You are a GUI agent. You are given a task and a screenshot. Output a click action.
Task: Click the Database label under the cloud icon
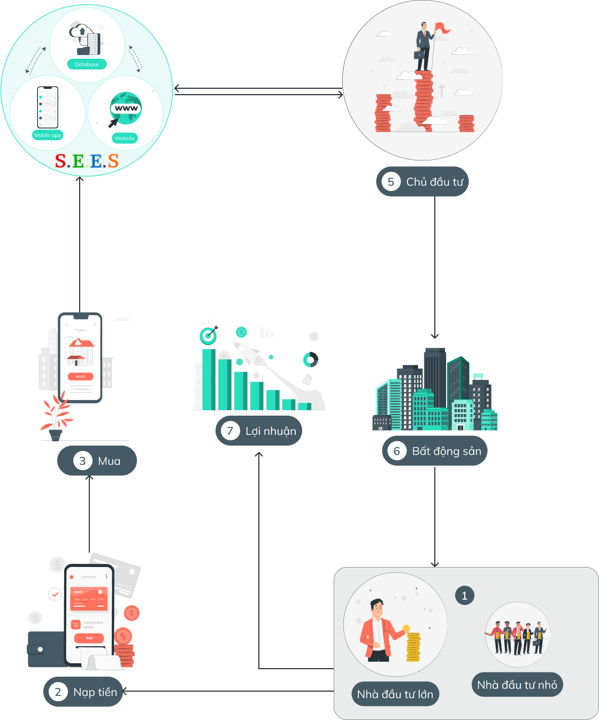(87, 64)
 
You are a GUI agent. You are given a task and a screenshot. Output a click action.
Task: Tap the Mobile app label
(48, 135)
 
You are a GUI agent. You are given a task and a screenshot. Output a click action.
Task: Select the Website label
(125, 138)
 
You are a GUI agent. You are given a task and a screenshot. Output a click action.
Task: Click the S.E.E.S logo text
(87, 160)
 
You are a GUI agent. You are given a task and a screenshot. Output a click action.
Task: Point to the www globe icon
(126, 108)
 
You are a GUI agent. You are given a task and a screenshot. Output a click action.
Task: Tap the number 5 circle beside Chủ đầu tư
(391, 182)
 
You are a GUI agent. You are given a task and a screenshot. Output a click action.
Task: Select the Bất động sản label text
(447, 451)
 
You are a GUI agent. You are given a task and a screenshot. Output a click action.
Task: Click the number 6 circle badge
(397, 451)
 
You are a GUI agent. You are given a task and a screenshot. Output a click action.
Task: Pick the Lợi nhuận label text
(271, 431)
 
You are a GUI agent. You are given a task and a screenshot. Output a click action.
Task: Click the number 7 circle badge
(231, 431)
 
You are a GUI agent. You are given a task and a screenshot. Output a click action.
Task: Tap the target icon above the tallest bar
(208, 335)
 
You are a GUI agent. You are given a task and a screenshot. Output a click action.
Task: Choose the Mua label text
(109, 461)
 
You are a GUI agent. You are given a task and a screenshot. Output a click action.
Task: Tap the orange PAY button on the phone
(89, 638)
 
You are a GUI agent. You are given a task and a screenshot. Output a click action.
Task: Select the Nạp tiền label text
(95, 692)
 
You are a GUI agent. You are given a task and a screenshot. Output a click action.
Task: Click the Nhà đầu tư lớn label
(395, 694)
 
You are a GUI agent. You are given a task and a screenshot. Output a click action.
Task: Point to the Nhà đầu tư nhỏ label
(517, 685)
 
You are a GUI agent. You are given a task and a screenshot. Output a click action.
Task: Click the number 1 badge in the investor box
(464, 596)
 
